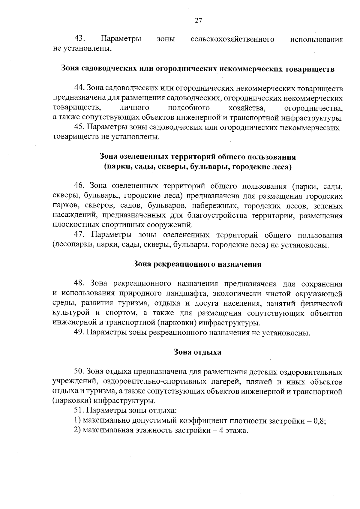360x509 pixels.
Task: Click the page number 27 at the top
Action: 198,21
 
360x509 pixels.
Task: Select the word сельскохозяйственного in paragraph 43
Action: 232,39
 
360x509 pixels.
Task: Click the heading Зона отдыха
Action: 197,352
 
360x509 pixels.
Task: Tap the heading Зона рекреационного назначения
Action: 197,265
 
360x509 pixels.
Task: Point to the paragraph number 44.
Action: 79,88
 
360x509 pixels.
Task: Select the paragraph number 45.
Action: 79,127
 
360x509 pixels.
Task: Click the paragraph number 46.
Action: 80,186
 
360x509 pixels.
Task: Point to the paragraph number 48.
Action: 80,284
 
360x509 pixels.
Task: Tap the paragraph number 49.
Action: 79,333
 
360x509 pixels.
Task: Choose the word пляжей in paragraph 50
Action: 259,382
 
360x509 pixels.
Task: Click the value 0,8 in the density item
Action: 319,421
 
